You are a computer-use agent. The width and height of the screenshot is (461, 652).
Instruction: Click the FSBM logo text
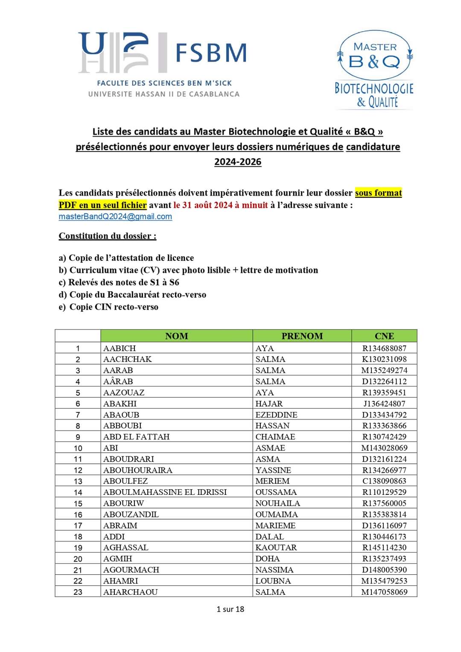[210, 53]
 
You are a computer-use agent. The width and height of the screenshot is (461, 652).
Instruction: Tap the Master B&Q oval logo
[374, 56]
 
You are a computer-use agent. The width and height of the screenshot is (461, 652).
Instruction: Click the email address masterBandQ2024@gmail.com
[115, 216]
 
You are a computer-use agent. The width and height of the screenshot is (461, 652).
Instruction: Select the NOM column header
[176, 336]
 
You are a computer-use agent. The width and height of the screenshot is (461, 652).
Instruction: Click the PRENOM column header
[302, 336]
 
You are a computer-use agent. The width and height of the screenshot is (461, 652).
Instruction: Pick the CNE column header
[384, 336]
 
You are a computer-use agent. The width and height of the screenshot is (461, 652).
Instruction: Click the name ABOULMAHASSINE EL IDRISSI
[165, 492]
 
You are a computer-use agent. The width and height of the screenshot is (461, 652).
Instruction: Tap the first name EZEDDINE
[276, 415]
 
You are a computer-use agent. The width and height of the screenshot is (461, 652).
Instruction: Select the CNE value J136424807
[384, 403]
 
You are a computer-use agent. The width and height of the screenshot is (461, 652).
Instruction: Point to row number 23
[78, 592]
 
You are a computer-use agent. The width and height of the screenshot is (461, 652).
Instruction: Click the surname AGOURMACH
[131, 570]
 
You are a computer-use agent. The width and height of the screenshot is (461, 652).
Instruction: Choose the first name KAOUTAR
[276, 547]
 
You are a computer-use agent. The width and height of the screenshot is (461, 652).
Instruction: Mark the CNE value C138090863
[384, 481]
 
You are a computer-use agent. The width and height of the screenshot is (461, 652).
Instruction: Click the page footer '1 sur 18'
[230, 609]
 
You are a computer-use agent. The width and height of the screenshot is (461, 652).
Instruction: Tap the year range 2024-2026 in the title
[238, 162]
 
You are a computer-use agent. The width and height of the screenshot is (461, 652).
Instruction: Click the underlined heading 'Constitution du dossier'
[108, 236]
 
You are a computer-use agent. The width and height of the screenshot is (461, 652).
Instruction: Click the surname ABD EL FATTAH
[136, 437]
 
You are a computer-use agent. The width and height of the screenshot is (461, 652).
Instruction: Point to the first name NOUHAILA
[277, 503]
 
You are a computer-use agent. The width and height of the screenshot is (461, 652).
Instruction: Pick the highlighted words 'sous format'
[378, 193]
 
